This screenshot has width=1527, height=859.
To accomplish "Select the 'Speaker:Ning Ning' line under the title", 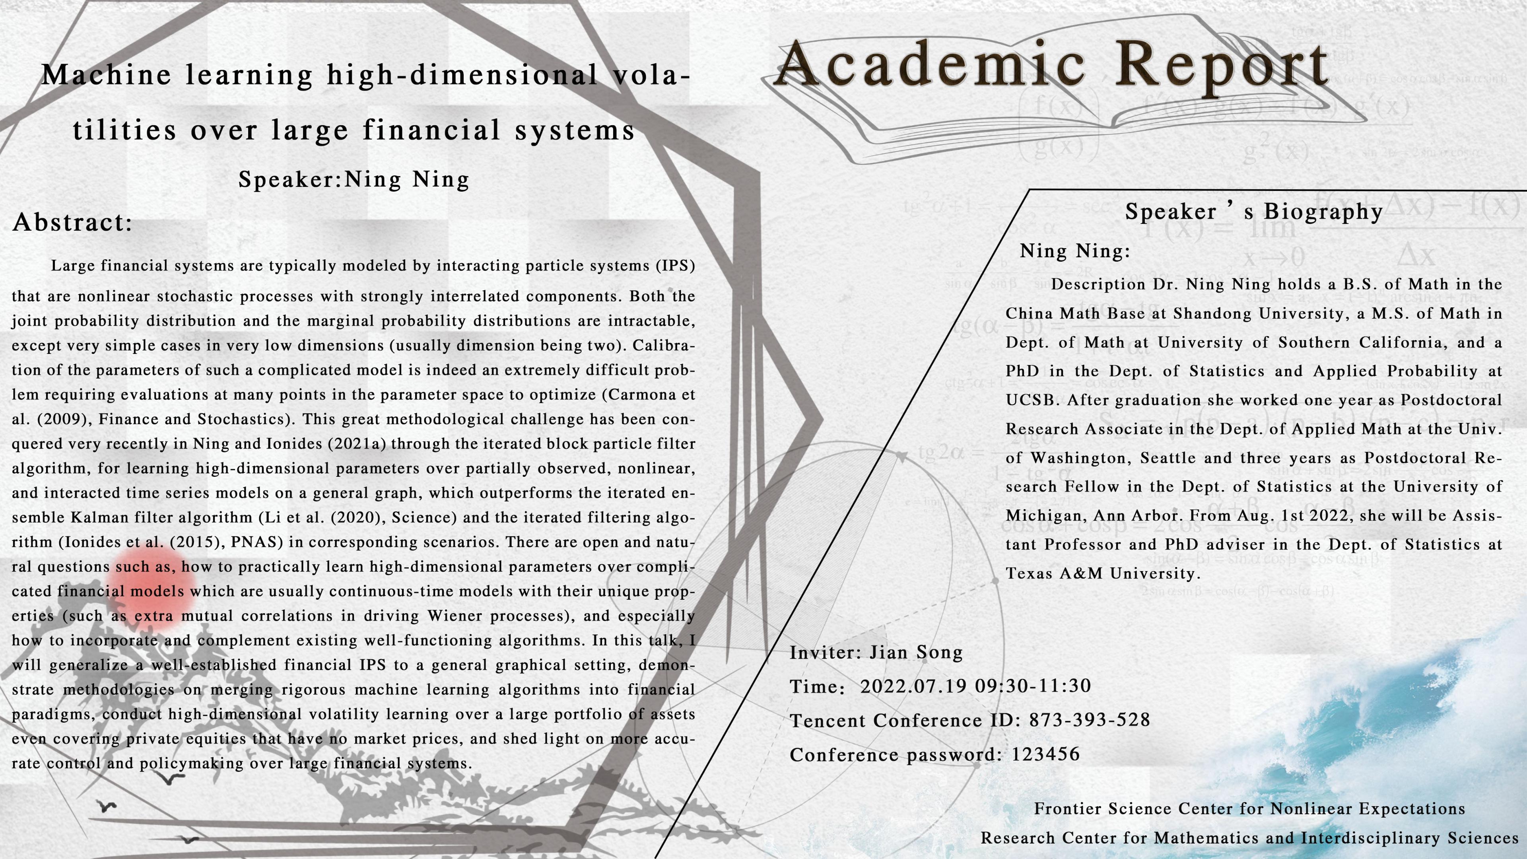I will (x=354, y=179).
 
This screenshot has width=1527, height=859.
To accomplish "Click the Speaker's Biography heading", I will (x=1254, y=212).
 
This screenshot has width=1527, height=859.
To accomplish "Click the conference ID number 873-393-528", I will (x=1090, y=720).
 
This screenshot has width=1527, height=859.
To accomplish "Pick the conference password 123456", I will (x=1046, y=754).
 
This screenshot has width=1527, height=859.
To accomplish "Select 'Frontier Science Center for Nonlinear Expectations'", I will (x=1249, y=808).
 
